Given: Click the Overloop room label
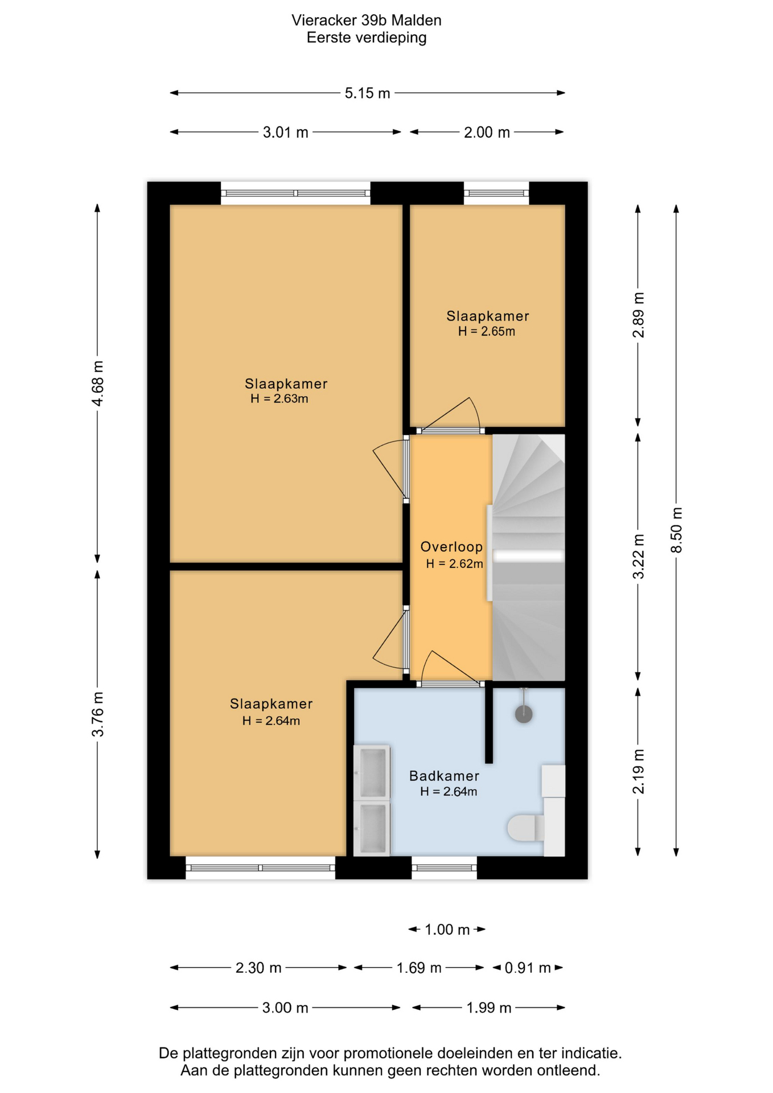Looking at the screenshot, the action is (451, 547).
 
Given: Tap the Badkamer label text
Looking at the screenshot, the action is (444, 776).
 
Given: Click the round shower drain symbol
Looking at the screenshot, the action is (524, 714).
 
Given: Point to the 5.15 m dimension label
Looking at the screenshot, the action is (367, 93).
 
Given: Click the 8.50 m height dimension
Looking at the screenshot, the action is (676, 530).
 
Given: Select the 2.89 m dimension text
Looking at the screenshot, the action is (639, 315).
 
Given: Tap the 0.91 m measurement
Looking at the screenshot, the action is (528, 968).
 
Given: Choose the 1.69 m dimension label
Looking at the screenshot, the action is (419, 968).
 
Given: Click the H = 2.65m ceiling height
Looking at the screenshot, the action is (487, 332).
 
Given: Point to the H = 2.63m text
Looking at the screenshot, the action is (279, 399).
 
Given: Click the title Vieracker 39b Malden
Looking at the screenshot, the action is (367, 20).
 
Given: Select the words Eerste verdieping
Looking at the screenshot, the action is (367, 38).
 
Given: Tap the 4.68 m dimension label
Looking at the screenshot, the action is (98, 384).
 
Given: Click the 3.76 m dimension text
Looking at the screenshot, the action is (98, 714).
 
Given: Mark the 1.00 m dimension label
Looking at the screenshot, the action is (447, 930).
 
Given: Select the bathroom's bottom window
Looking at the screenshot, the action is (444, 868).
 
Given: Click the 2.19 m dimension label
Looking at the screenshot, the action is (639, 771).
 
